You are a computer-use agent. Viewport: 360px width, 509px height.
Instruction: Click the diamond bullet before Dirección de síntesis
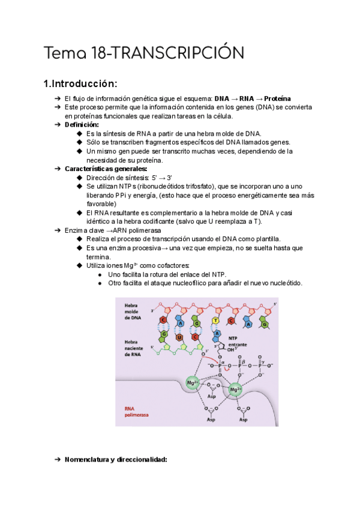79,178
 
